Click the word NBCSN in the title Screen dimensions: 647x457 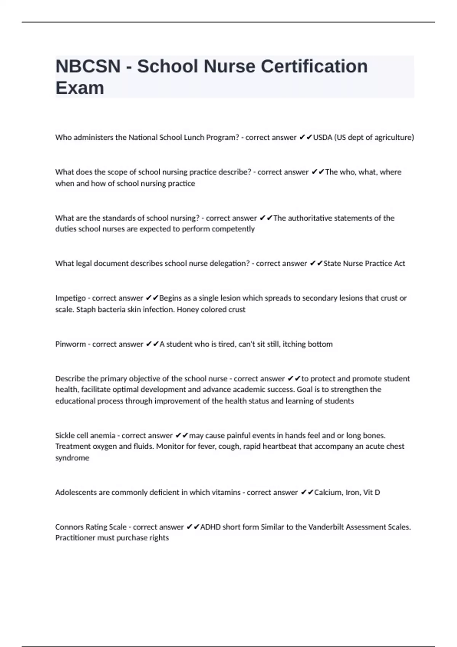click(x=88, y=67)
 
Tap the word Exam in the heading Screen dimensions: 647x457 click(x=80, y=88)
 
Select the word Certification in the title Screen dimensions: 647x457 click(x=314, y=67)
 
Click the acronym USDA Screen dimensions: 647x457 click(x=323, y=137)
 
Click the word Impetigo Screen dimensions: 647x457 click(x=70, y=298)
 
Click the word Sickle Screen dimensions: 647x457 click(x=65, y=435)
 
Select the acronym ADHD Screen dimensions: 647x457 click(x=210, y=527)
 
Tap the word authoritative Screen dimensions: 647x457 click(x=310, y=218)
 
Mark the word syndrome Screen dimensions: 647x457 click(x=72, y=458)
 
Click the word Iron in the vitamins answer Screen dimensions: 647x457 click(x=353, y=492)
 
